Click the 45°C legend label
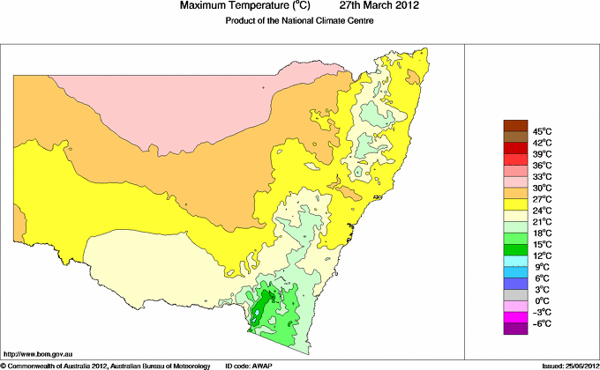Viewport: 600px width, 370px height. click(x=517, y=131)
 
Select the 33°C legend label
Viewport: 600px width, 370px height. click(x=517, y=177)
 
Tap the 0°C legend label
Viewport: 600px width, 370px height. click(x=517, y=300)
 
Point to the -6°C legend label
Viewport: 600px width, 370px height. click(x=517, y=323)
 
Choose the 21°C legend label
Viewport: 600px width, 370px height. click(x=517, y=221)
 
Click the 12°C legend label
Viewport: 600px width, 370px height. click(x=517, y=255)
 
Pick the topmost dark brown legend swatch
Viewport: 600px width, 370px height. click(x=516, y=125)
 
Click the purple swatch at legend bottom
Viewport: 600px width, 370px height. click(x=516, y=329)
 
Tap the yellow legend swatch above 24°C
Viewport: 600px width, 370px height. click(x=516, y=204)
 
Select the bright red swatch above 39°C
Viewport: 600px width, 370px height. click(x=516, y=148)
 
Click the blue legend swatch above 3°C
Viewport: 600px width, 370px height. click(x=516, y=284)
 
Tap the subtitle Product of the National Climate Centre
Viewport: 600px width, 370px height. click(x=300, y=21)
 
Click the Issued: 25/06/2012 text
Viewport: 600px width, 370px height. click(x=566, y=365)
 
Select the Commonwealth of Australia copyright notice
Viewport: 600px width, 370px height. click(x=106, y=365)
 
